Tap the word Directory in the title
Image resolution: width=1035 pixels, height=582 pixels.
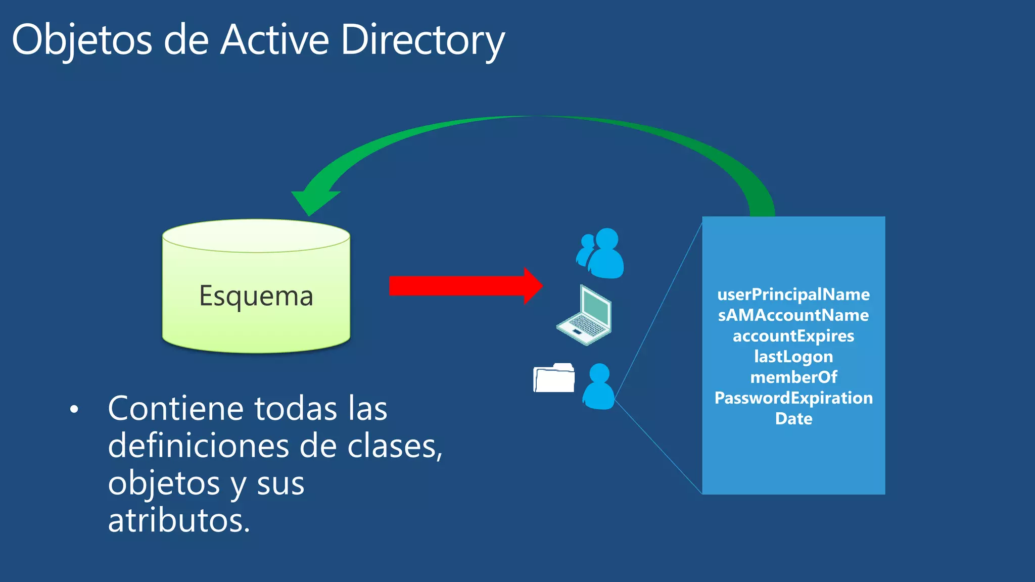click(422, 40)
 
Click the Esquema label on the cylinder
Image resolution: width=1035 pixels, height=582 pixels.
click(256, 296)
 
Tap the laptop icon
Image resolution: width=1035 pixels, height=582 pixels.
click(585, 315)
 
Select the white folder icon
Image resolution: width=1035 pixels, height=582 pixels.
click(554, 378)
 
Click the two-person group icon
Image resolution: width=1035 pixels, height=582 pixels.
click(601, 253)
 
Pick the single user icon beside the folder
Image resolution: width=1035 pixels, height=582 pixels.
click(599, 386)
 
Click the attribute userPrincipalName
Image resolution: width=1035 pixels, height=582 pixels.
click(793, 295)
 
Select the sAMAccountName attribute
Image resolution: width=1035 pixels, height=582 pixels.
click(793, 315)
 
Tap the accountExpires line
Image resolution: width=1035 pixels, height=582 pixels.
click(793, 336)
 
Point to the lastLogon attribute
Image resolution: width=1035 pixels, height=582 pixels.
click(793, 357)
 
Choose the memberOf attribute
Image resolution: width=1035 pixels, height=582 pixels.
click(793, 377)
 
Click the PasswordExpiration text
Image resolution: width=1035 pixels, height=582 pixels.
click(793, 398)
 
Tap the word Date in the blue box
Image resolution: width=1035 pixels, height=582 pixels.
click(793, 419)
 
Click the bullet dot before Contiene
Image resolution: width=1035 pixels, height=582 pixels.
click(74, 409)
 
